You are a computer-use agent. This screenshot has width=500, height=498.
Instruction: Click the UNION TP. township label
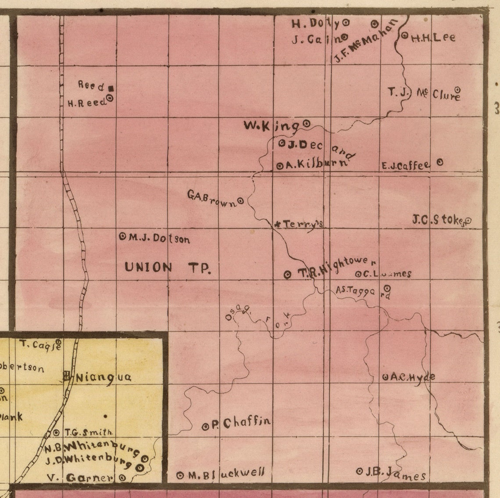pyautogui.click(x=168, y=267)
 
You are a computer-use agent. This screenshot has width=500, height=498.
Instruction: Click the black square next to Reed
pyautogui.click(x=113, y=88)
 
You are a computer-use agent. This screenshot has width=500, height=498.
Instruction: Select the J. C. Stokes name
pyautogui.click(x=438, y=220)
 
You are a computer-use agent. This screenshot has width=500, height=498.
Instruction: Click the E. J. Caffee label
pyautogui.click(x=406, y=165)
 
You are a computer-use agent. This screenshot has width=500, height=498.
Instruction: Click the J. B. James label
pyautogui.click(x=395, y=473)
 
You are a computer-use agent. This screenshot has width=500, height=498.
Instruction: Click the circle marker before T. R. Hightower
pyautogui.click(x=287, y=274)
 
